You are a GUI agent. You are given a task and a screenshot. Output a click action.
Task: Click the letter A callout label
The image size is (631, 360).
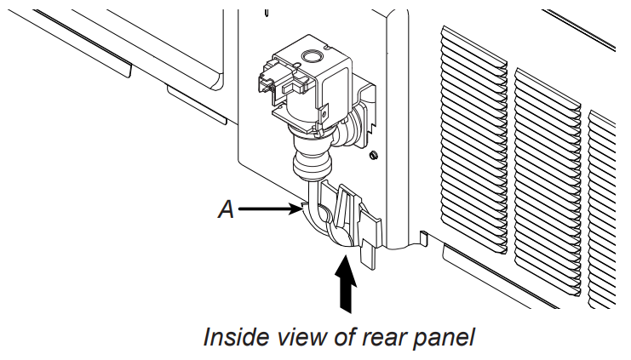(x=226, y=209)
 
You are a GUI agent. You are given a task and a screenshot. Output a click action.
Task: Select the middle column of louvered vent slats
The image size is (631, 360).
(x=546, y=179)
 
